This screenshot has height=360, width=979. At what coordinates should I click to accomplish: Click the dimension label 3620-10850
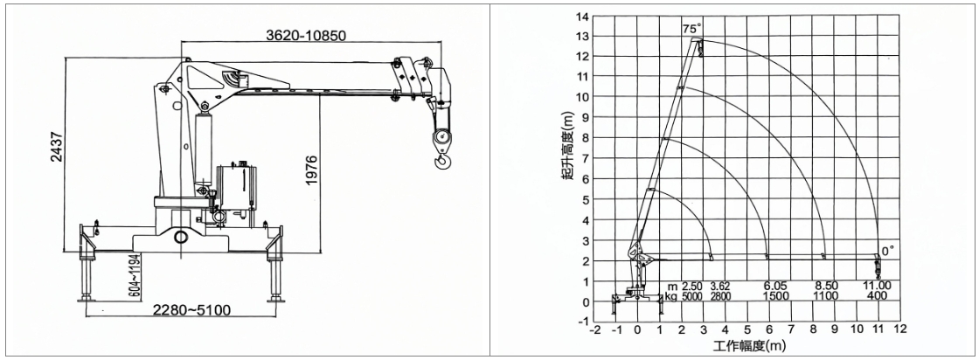coord(302,35)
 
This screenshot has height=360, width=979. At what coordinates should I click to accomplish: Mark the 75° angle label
coord(693,29)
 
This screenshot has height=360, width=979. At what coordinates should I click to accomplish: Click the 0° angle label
coord(887,251)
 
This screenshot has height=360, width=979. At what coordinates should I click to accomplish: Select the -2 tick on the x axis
coord(595,329)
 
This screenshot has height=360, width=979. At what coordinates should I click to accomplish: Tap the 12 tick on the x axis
coord(899,329)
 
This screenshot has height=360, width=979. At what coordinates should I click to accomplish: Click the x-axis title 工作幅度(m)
coord(748,347)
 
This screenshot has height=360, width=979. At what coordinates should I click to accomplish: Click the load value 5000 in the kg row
coord(691,297)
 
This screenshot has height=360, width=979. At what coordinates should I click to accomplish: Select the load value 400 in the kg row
coord(878,297)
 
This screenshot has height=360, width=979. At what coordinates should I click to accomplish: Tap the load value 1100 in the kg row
coord(825,297)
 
